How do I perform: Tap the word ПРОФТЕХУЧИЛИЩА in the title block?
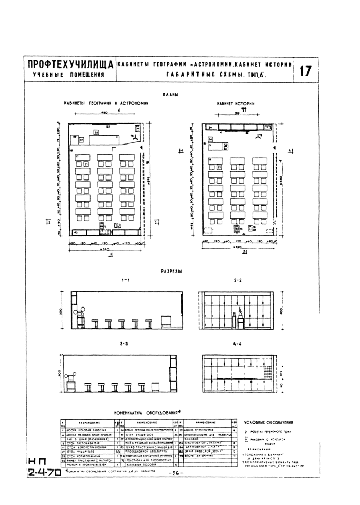pyautogui.click(x=70, y=65)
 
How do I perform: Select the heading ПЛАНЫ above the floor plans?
pyautogui.click(x=170, y=94)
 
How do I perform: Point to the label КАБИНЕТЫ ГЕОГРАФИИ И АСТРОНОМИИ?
pyautogui.click(x=105, y=103)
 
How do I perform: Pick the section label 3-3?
pyautogui.click(x=124, y=343)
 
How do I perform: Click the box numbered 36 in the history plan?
pyautogui.click(x=225, y=146)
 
